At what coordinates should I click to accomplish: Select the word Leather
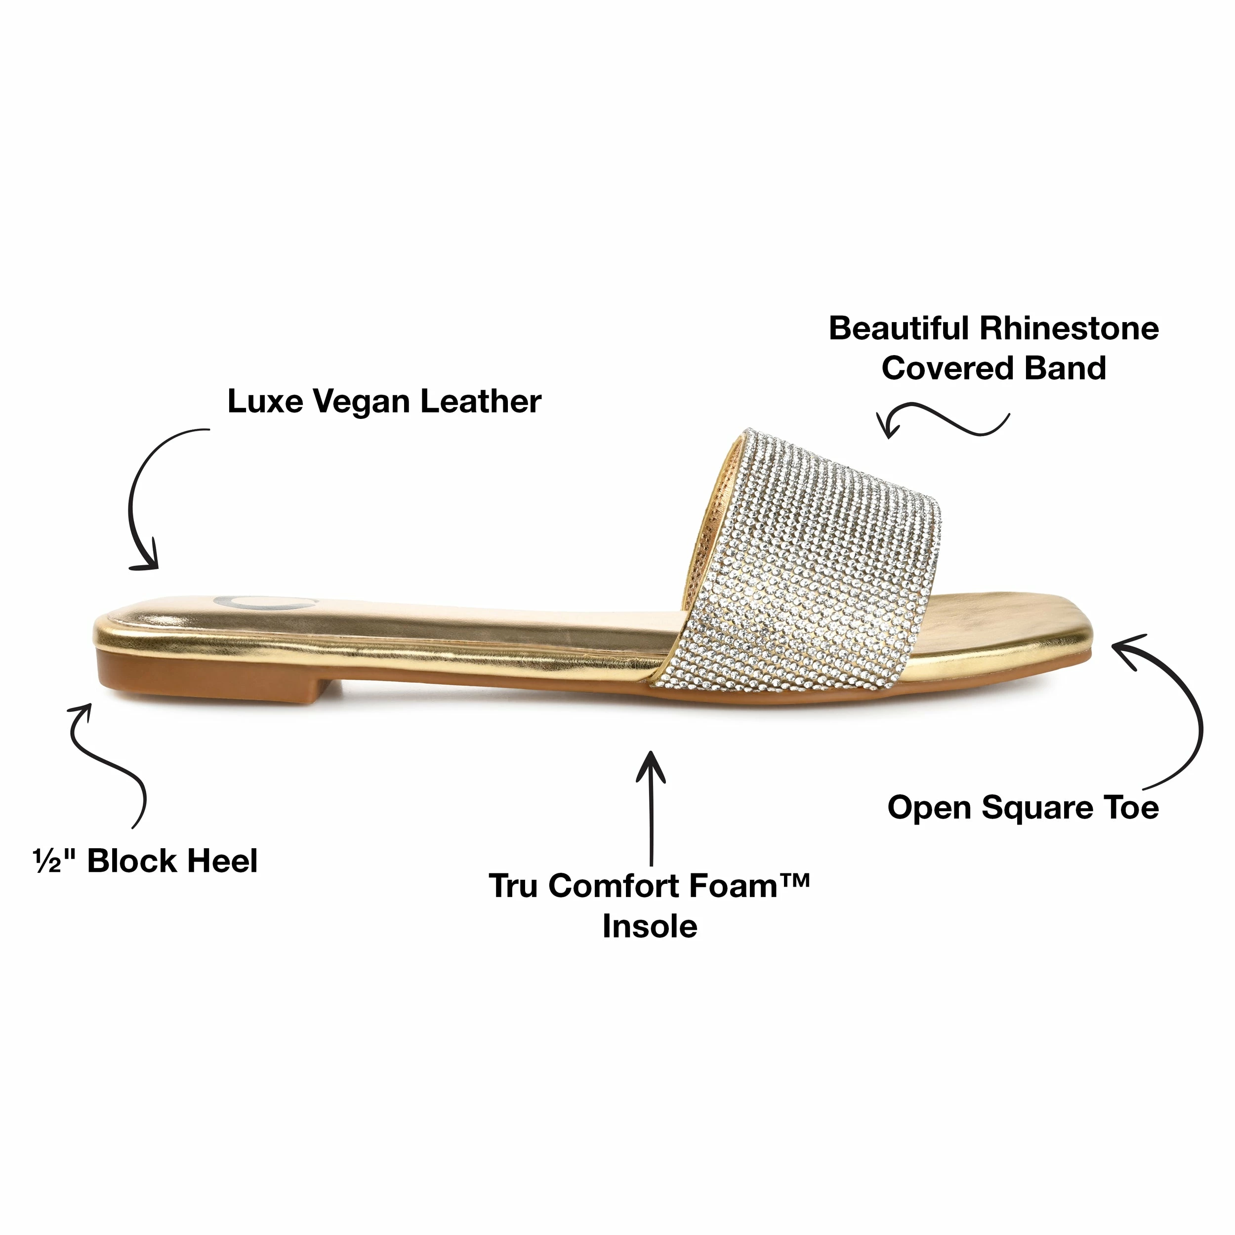(x=481, y=402)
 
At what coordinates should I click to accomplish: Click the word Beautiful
(x=898, y=328)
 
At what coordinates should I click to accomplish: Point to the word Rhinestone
(x=1069, y=328)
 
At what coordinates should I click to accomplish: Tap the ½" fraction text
(x=55, y=861)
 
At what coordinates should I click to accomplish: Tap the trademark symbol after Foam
(x=794, y=880)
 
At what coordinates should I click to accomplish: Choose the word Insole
(x=650, y=926)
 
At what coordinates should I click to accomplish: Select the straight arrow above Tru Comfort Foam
(x=651, y=808)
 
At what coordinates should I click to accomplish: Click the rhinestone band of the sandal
(x=799, y=563)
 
